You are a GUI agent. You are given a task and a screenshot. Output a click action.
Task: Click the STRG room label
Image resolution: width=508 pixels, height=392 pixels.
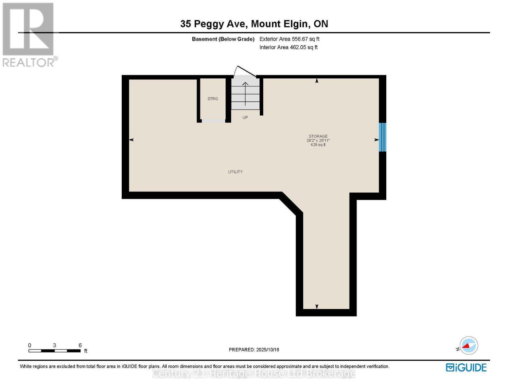click(x=213, y=99)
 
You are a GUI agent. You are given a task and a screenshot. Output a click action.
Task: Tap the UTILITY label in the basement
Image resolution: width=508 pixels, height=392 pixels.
click(x=236, y=172)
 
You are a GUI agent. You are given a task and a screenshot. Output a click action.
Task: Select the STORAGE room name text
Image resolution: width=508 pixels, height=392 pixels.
click(x=318, y=136)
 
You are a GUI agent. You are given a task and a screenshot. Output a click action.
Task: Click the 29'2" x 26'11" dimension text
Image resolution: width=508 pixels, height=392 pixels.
click(x=318, y=140)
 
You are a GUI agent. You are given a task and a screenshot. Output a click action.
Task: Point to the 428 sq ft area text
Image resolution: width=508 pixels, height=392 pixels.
click(x=318, y=145)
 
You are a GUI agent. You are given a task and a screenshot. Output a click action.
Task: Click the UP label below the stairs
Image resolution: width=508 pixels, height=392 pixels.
click(x=245, y=117)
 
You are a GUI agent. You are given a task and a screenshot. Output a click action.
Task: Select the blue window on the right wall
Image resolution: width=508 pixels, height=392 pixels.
click(x=382, y=137)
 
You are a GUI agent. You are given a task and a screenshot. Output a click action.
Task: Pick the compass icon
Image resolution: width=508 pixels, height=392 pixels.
click(x=468, y=346)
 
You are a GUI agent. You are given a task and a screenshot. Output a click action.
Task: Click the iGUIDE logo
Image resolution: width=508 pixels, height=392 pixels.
click(x=466, y=367)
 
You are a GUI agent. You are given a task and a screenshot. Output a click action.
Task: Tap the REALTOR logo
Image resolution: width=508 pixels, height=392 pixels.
click(x=29, y=34)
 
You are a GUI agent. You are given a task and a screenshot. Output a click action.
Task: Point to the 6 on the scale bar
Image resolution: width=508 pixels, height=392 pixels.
click(x=80, y=345)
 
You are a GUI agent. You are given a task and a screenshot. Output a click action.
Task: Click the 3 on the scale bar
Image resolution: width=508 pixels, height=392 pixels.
click(x=55, y=345)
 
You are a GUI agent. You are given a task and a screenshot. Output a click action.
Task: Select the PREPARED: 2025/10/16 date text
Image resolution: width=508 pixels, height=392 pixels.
click(x=254, y=350)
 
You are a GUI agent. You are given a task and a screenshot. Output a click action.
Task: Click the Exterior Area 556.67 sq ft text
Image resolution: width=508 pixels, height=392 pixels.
click(x=289, y=39)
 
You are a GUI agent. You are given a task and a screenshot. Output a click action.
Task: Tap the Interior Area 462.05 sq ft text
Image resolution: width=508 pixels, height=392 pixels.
click(x=288, y=47)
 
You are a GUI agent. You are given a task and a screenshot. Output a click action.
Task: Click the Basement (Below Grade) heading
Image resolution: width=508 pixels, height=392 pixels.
click(x=223, y=39)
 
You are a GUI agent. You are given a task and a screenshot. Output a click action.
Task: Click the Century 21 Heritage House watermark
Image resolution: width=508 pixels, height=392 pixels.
click(x=254, y=373)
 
